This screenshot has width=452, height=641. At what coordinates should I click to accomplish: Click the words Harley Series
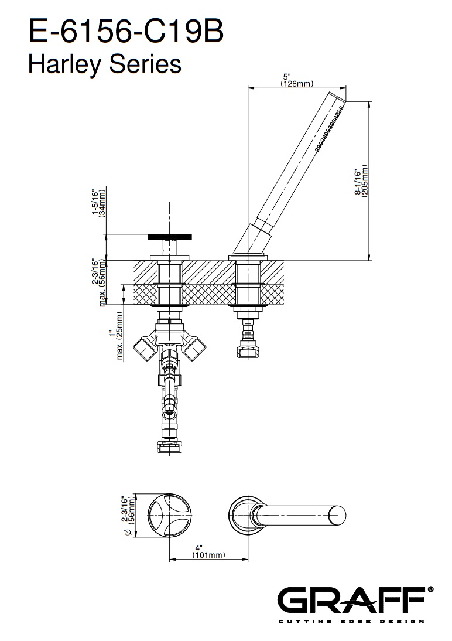[105, 64]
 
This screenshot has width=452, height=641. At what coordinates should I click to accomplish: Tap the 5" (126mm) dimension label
[297, 80]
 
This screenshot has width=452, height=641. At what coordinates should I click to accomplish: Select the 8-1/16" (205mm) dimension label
[361, 181]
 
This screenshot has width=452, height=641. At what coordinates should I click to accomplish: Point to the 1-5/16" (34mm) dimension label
[98, 202]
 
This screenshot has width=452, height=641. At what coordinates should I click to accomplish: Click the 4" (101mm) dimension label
[208, 551]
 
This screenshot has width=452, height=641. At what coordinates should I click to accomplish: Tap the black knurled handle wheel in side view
[169, 237]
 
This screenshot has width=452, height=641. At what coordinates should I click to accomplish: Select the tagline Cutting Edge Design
[351, 622]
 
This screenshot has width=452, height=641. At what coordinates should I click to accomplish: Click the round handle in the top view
[169, 515]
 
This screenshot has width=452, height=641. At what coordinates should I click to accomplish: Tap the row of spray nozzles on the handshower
[330, 129]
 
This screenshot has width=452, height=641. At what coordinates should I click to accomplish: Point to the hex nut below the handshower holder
[248, 351]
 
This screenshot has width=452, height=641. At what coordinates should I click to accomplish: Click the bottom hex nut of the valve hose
[169, 446]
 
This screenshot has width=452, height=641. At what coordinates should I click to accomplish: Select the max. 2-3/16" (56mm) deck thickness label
[98, 282]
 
